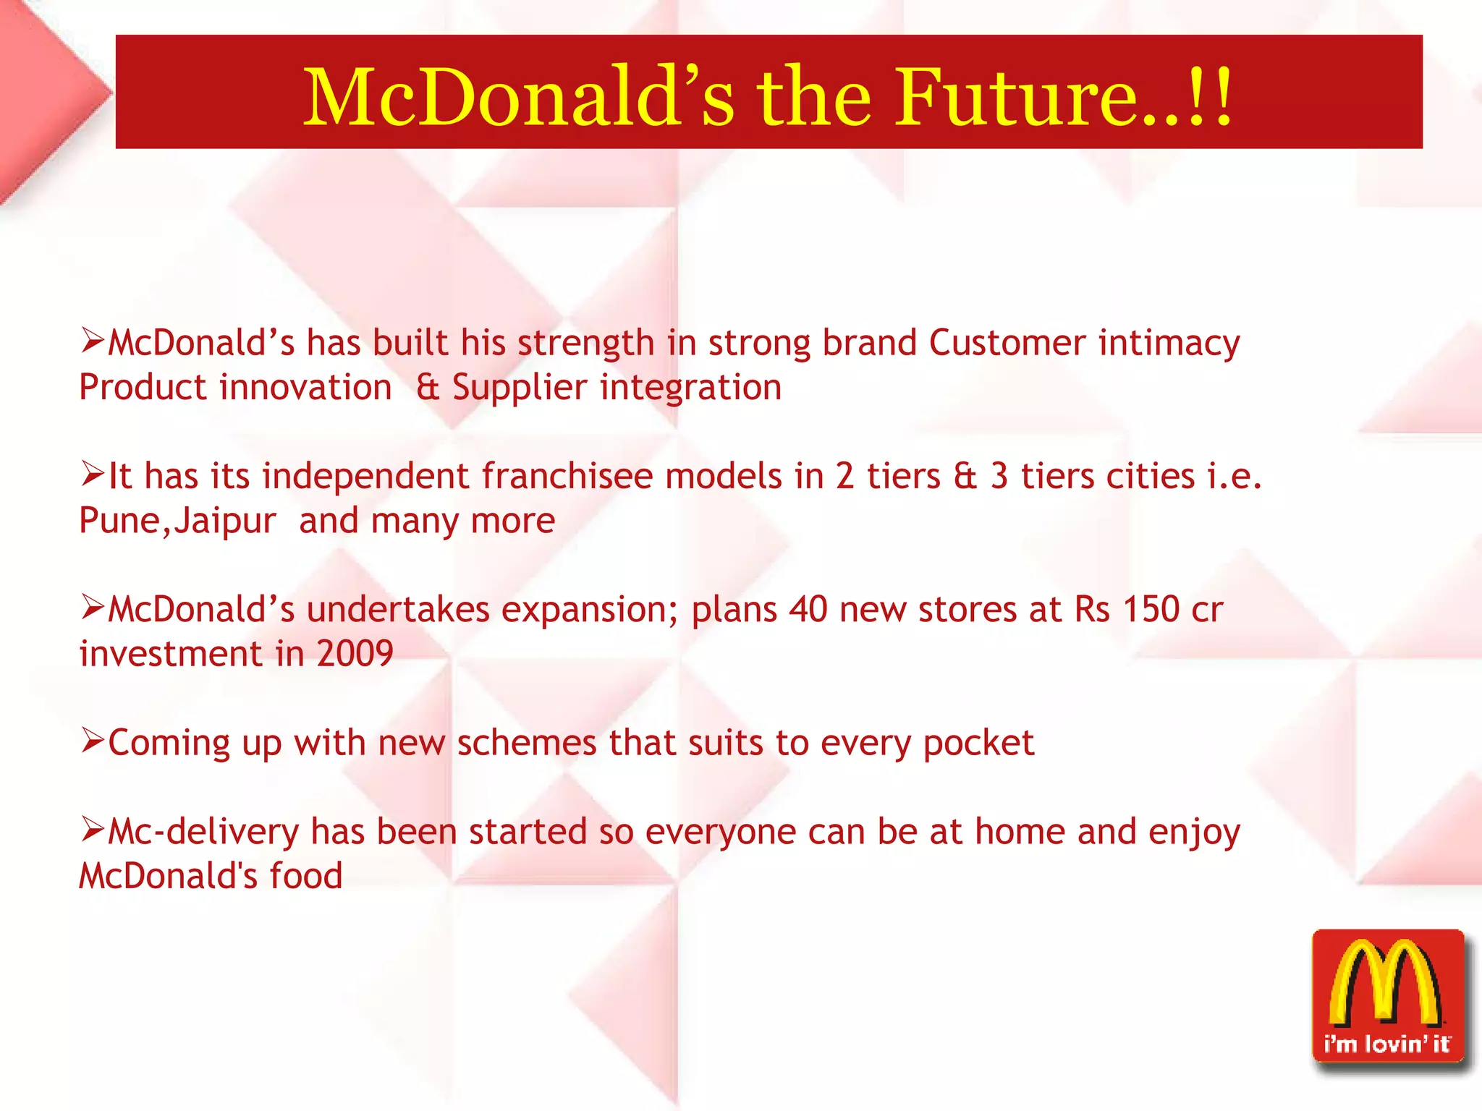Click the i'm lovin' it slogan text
coord(1387,1044)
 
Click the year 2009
coord(355,654)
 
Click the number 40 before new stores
coord(808,610)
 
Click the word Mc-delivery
coord(203,833)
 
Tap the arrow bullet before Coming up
coord(93,741)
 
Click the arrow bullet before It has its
coord(93,474)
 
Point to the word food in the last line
coord(305,876)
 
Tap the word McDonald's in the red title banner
coord(518,98)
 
